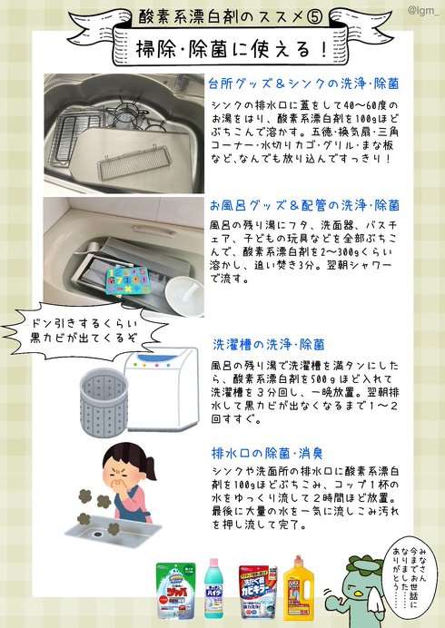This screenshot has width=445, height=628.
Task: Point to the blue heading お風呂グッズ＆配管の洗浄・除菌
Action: point(304,205)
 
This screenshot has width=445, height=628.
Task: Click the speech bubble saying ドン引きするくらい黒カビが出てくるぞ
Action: point(81,329)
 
